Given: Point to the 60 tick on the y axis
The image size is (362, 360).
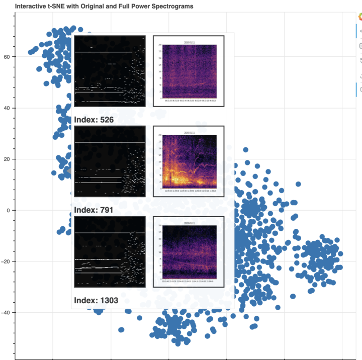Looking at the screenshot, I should coord(7,57).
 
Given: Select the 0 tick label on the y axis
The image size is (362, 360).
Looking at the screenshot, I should coord(9,210).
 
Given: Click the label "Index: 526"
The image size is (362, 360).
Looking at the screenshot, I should coord(94,120).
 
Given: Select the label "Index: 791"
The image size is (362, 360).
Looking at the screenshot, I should coord(94,210).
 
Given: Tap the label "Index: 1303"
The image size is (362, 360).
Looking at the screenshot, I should coord(96,300).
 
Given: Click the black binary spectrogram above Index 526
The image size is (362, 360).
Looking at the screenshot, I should coord(110,71).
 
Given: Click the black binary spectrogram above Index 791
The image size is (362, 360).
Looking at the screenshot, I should coord(110,161).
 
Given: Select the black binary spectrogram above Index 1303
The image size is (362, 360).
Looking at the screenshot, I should coord(110,252).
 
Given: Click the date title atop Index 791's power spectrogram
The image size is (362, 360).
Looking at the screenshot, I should coord(190,133).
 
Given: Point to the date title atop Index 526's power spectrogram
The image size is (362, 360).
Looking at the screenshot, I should coord(190,42).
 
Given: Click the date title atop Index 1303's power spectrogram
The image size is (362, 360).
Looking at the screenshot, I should coord(190,223).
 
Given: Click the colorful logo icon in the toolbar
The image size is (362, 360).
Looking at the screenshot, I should coord(359,17).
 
